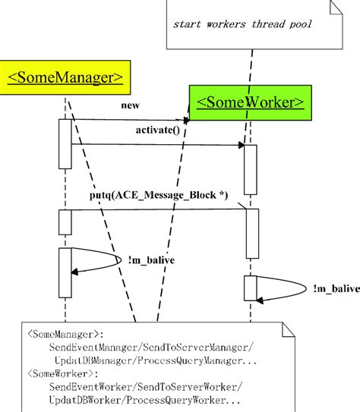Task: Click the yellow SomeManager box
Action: tap(65, 77)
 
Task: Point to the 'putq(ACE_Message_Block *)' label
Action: tap(158, 196)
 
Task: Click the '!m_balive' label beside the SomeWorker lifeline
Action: tap(333, 288)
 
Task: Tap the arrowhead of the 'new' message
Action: tap(185, 119)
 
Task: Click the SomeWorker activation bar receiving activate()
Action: tap(251, 168)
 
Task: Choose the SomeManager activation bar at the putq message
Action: tap(65, 222)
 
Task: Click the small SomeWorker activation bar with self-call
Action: tap(251, 288)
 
